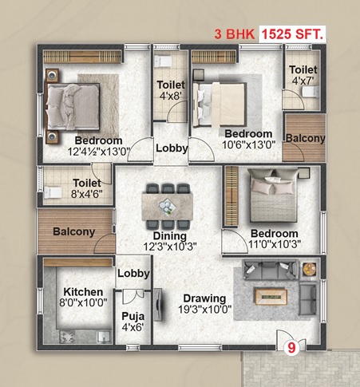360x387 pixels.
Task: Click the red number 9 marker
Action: click(x=291, y=348)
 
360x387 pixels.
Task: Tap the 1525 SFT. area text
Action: click(x=292, y=34)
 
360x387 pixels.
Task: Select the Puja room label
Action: click(x=133, y=316)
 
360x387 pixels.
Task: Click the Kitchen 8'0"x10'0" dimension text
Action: click(x=83, y=302)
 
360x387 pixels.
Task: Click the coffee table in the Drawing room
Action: click(x=271, y=296)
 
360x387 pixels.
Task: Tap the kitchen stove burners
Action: click(x=67, y=337)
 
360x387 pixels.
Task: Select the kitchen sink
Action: click(x=104, y=337)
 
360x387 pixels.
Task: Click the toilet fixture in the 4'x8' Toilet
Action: click(x=163, y=61)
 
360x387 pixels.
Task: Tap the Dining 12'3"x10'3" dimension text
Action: click(x=170, y=247)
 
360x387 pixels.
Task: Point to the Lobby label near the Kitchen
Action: click(x=133, y=274)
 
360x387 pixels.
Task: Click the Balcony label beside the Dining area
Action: click(x=74, y=231)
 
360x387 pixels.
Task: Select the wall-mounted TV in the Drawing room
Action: click(x=158, y=304)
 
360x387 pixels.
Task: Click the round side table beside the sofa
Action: click(x=310, y=269)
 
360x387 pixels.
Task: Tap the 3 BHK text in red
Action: click(x=235, y=34)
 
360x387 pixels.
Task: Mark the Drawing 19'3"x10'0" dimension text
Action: click(x=204, y=310)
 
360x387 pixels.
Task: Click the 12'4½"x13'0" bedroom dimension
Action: click(x=98, y=152)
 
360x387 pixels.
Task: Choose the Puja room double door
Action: click(x=133, y=296)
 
